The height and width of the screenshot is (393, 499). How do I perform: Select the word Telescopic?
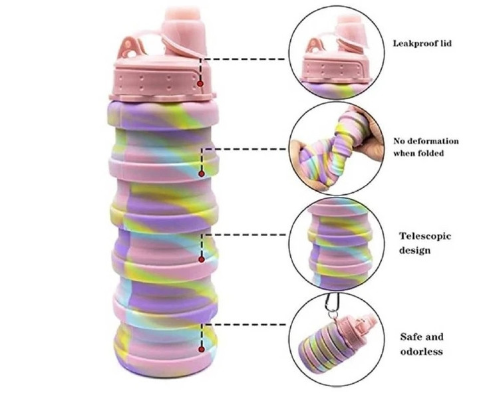coord(425,235)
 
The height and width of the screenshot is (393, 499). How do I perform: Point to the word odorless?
coord(422,351)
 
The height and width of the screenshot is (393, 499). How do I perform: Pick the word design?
coord(415,250)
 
